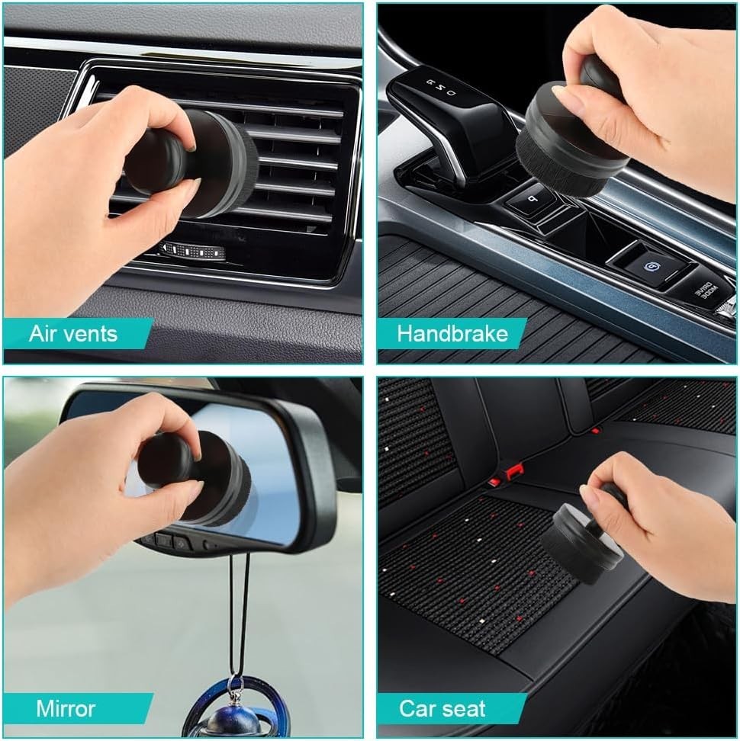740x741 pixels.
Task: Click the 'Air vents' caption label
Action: point(73,333)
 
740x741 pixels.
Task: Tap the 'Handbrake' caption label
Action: point(452,333)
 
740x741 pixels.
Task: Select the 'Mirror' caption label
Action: point(66,708)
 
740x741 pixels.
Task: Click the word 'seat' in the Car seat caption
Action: point(465,708)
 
